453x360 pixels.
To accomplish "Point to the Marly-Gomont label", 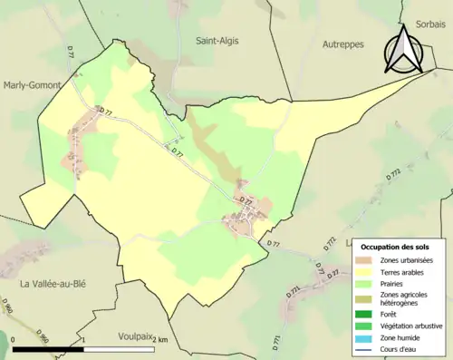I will point(32,84).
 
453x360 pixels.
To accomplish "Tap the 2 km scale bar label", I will point(159,339).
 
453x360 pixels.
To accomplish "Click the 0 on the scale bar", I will point(14,339).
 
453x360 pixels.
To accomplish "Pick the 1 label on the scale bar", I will point(83,339).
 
